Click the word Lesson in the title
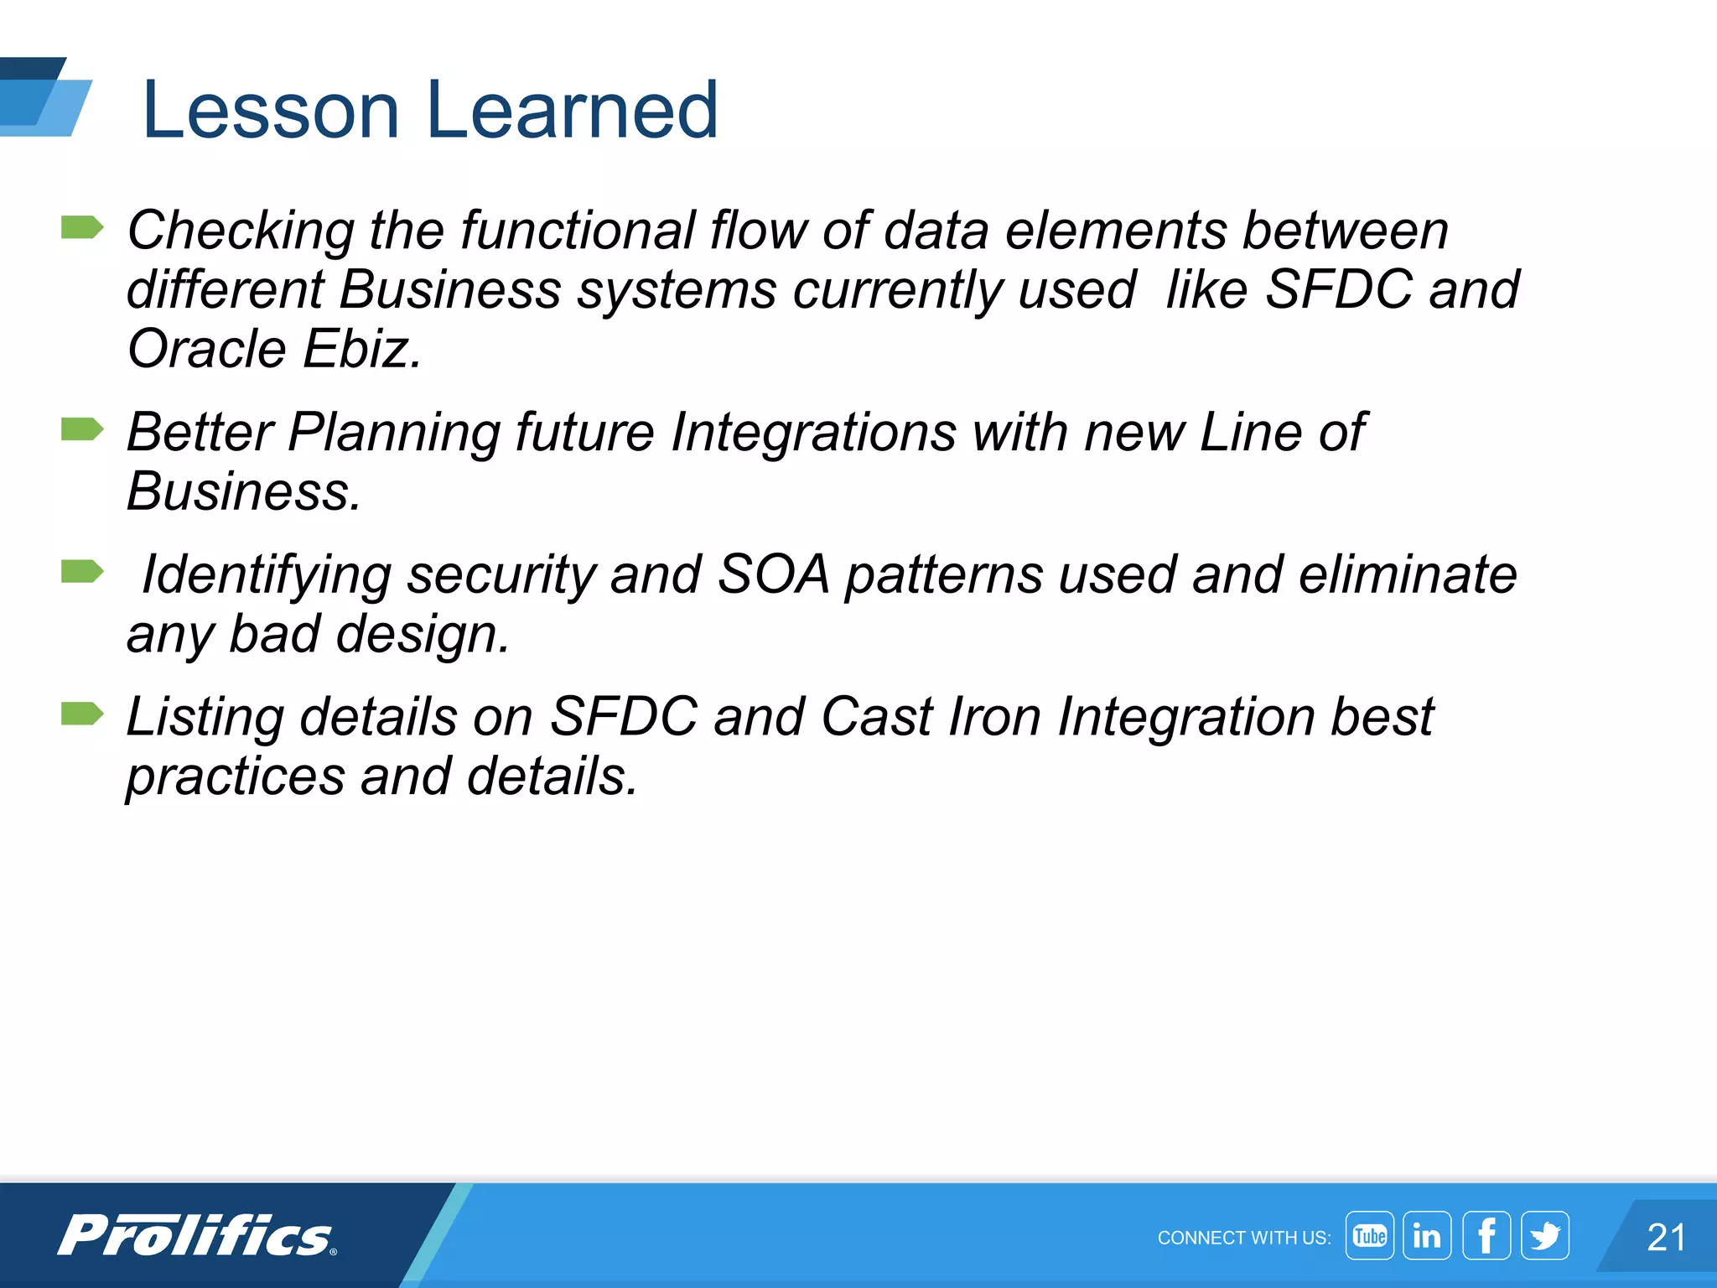271,110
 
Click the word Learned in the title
573,110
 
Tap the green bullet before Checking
82,227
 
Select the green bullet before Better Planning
82,429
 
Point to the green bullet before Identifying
82,572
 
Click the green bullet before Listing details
82,714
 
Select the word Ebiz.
361,349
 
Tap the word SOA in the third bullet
773,575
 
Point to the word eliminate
1408,575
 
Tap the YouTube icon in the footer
1369,1236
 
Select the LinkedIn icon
1427,1236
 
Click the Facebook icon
1486,1236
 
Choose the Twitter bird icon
1545,1236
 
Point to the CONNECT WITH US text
1243,1239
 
